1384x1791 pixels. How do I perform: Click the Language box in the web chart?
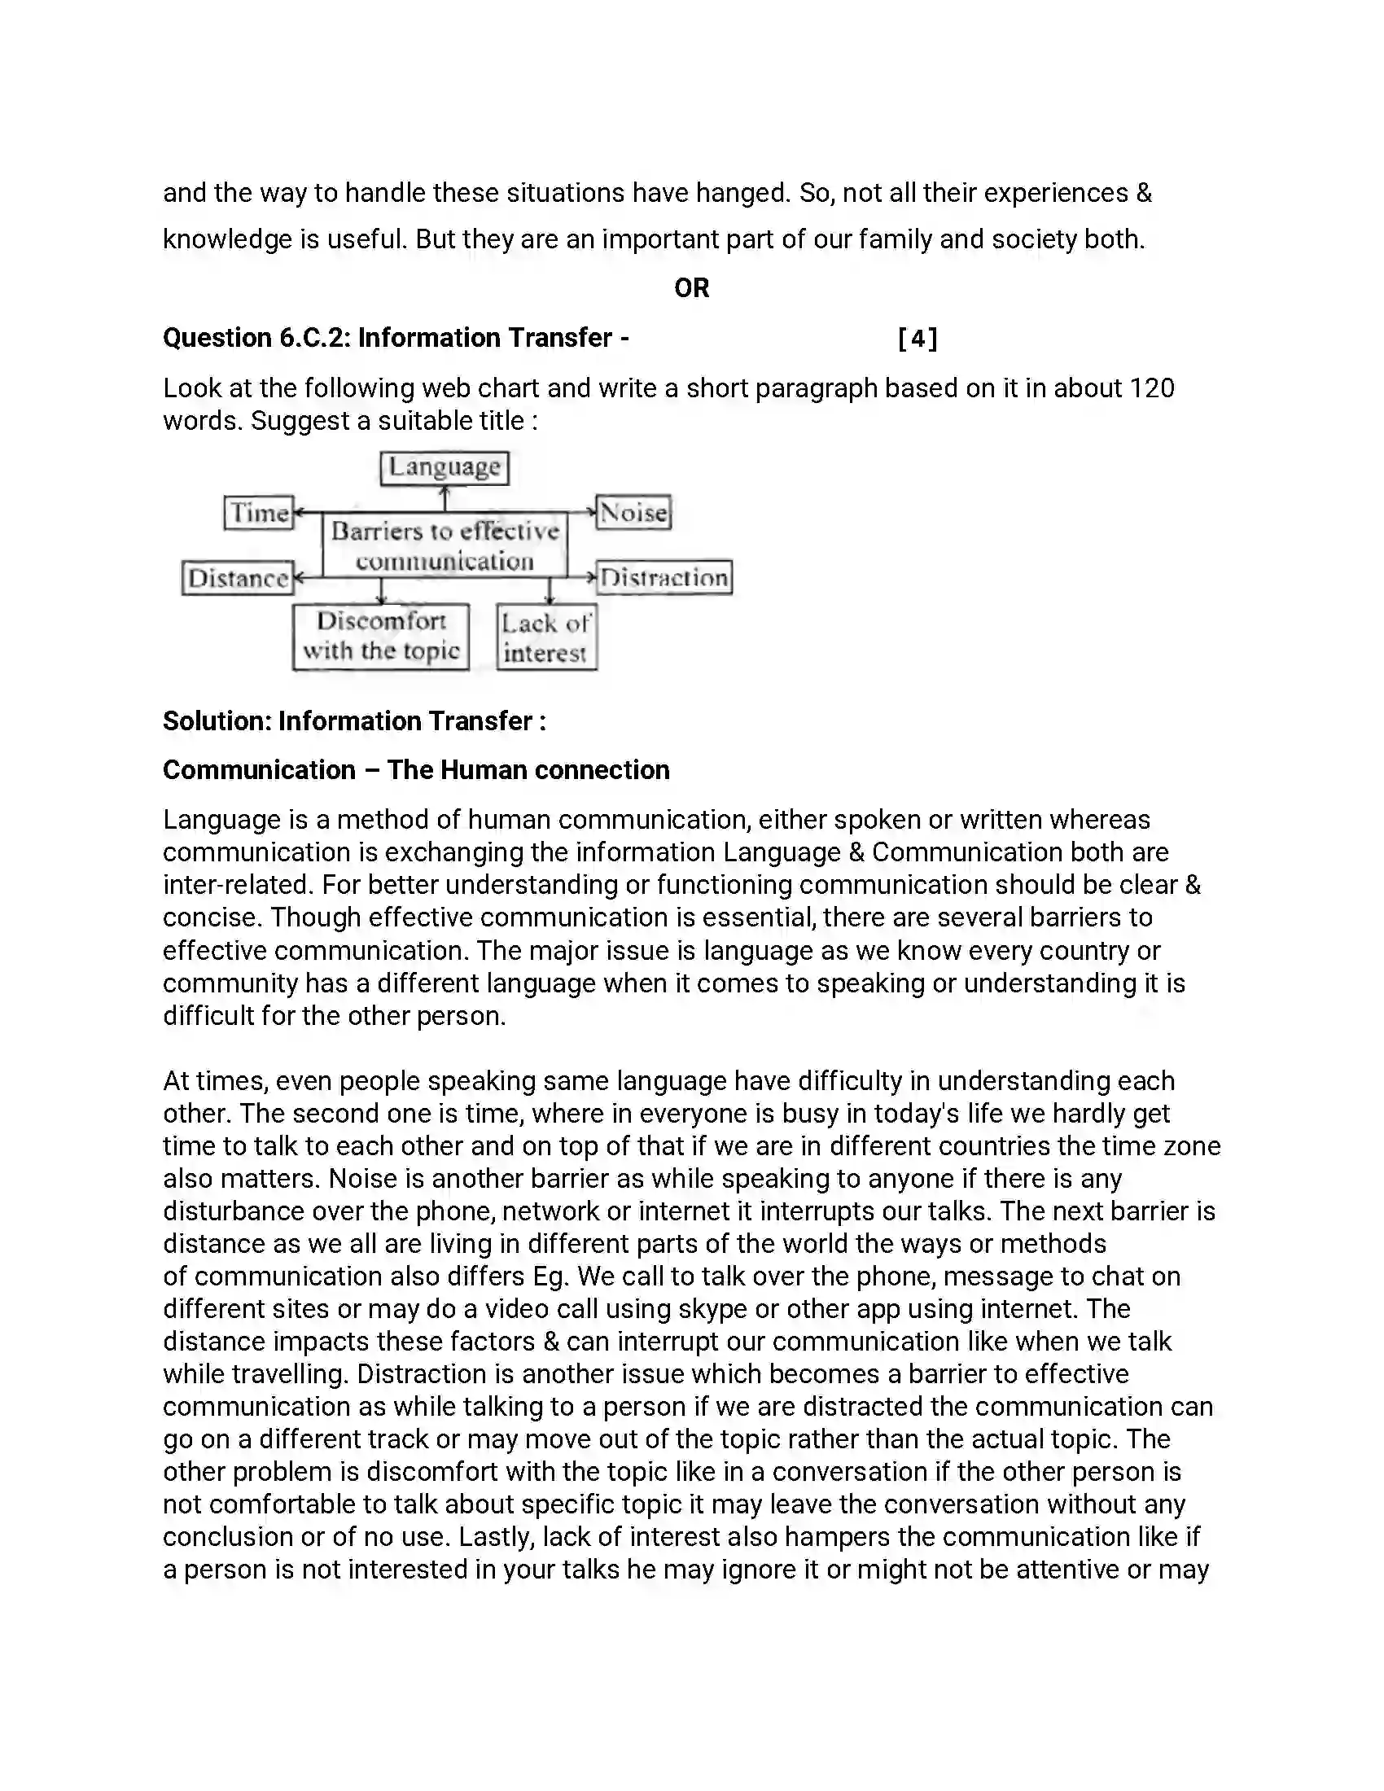point(445,467)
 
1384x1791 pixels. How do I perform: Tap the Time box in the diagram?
point(259,513)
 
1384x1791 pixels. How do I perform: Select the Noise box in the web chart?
point(633,513)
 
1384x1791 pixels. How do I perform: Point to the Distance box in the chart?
point(238,578)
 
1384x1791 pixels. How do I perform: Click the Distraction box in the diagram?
point(664,577)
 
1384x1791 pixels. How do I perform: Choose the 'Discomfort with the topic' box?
point(381,637)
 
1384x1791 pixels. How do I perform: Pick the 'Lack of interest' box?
point(546,638)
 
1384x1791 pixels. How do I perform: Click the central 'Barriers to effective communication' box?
point(445,545)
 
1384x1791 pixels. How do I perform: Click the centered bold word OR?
point(691,288)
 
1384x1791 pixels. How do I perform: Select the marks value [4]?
point(918,338)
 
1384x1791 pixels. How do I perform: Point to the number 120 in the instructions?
point(1151,388)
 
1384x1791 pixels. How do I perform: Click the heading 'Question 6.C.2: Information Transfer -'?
point(396,338)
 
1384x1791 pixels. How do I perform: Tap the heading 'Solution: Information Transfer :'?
point(354,720)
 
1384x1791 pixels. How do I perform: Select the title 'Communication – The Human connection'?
point(416,770)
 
